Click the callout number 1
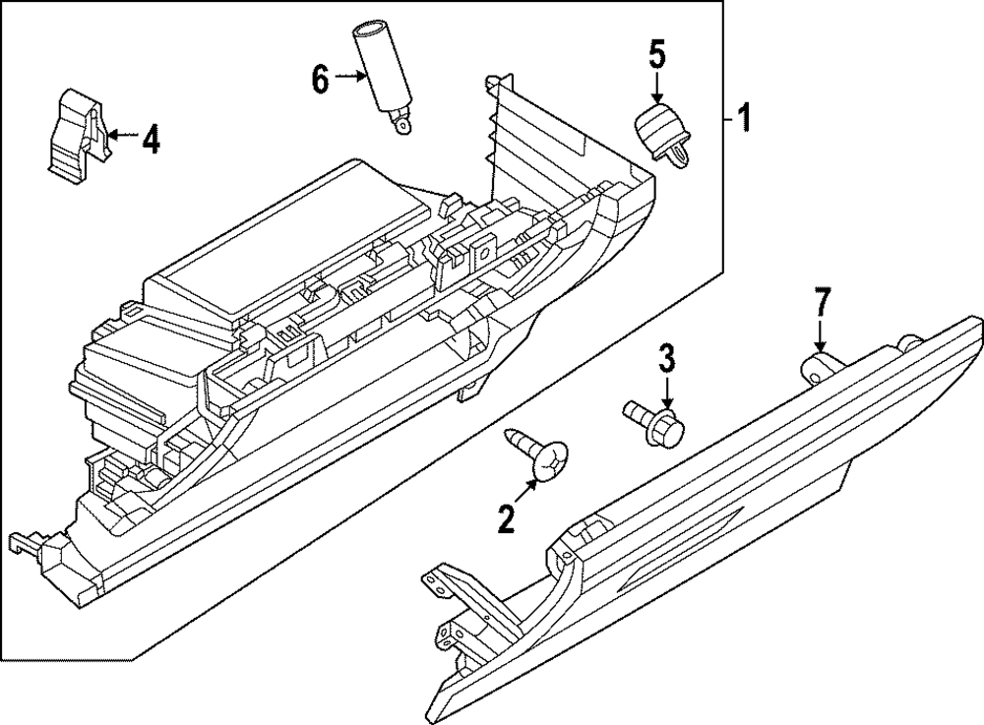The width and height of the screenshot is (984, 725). [745, 120]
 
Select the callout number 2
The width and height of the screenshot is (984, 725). [507, 518]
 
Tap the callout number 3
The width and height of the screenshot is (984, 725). [667, 359]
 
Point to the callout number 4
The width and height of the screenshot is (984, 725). [149, 141]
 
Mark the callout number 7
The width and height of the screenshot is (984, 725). [821, 302]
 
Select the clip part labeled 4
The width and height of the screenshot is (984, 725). [76, 133]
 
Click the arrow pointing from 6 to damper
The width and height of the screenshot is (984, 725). [350, 76]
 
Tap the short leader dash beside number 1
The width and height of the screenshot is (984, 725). [728, 120]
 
